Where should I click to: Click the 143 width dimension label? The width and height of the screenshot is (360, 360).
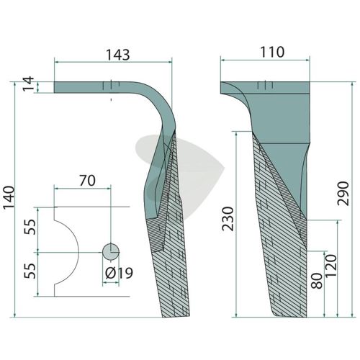click(118, 55)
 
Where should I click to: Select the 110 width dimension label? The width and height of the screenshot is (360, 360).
click(272, 52)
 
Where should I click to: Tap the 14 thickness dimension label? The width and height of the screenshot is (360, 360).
click(29, 84)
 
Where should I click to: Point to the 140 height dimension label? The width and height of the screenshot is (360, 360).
click(9, 197)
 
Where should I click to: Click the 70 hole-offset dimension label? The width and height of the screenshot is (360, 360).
click(87, 181)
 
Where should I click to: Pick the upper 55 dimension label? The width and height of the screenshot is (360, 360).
click(30, 227)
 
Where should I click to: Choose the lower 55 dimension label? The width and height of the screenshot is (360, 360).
click(30, 271)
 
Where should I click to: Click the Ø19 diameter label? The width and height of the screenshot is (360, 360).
click(119, 273)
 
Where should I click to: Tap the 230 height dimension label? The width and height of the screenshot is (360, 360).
click(228, 219)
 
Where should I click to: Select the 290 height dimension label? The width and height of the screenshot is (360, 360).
click(343, 194)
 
